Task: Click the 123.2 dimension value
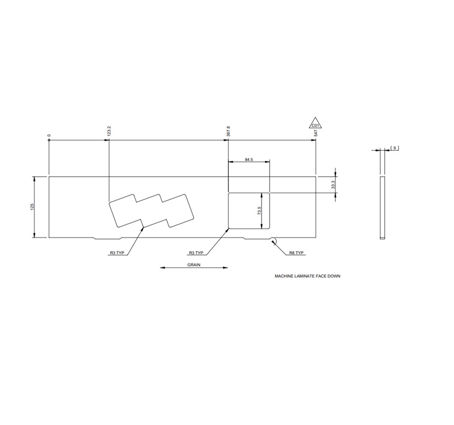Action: pyautogui.click(x=109, y=133)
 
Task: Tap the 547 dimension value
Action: pyautogui.click(x=316, y=133)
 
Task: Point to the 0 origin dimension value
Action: pyautogui.click(x=49, y=136)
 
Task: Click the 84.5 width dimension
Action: pyautogui.click(x=249, y=160)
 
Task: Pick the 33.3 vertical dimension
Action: pyautogui.click(x=334, y=184)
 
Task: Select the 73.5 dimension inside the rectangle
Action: pyautogui.click(x=259, y=210)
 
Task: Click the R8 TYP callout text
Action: pyautogui.click(x=296, y=253)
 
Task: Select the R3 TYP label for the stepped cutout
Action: pyautogui.click(x=117, y=253)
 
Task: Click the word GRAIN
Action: pyautogui.click(x=194, y=264)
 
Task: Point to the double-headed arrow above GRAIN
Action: pyautogui.click(x=194, y=268)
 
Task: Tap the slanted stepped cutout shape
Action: pyautogui.click(x=151, y=210)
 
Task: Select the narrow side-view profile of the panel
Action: pyautogui.click(x=382, y=207)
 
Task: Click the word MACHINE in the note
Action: pyautogui.click(x=283, y=277)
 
